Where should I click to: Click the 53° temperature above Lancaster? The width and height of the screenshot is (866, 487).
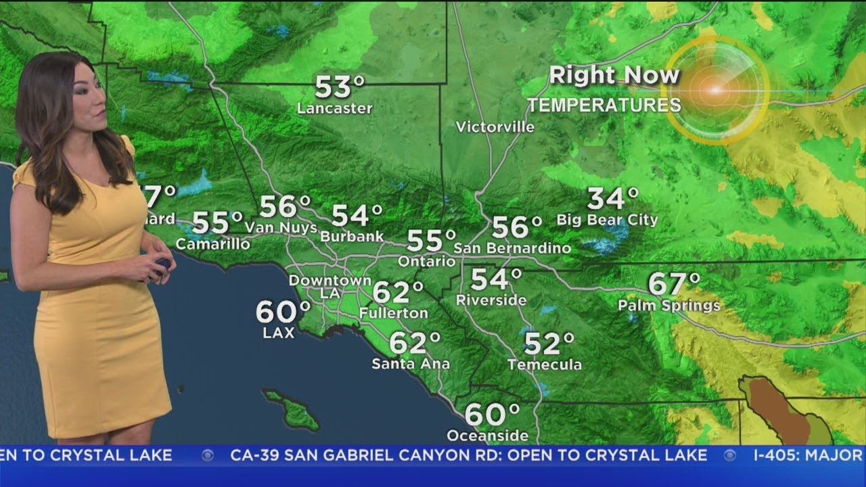point(340,87)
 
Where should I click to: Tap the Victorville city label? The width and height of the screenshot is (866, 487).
point(495,127)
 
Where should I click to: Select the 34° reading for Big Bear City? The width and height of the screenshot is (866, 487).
point(612,200)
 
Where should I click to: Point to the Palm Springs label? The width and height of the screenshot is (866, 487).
point(668,306)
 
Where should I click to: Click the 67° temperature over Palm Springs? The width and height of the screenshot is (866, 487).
point(673,284)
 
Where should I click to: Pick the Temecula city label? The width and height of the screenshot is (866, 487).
point(544,365)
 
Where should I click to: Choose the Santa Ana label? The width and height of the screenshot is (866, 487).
point(411,364)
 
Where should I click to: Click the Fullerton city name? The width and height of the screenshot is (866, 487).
point(393,313)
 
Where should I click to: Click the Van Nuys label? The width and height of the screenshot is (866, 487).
point(281,228)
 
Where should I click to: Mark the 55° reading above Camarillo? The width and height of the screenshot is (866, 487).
point(217,222)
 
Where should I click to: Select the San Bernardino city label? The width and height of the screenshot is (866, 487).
point(511,248)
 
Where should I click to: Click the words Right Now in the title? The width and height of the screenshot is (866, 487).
point(614,75)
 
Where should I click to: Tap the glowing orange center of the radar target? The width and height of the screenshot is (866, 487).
point(714,89)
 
